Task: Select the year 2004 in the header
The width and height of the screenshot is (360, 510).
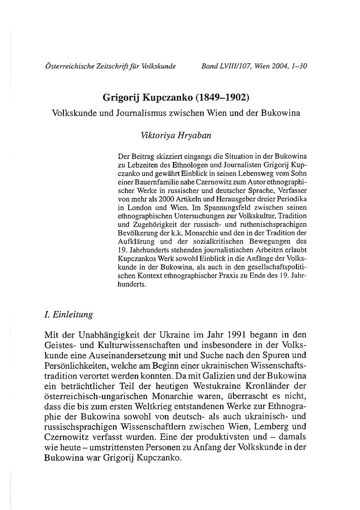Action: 280,66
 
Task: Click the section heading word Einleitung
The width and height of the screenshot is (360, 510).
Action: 73,314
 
